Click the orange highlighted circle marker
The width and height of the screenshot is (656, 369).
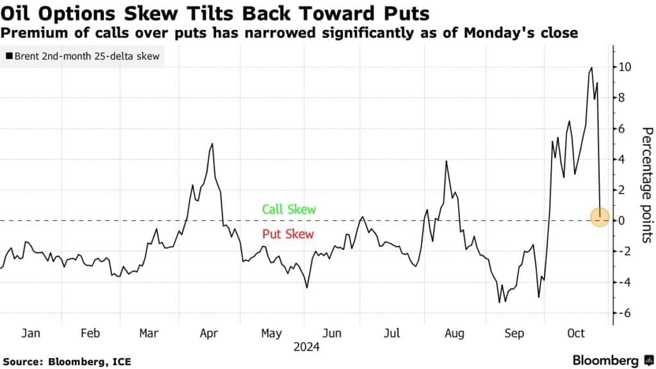coord(600,218)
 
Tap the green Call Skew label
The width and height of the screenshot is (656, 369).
coord(289,209)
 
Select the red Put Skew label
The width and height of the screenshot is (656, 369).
coord(288,234)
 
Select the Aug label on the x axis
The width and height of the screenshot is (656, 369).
coord(454,334)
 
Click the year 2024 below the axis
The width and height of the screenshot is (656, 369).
coord(307,347)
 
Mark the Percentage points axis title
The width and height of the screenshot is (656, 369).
coord(646,184)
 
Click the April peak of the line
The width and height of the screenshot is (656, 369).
coord(211,143)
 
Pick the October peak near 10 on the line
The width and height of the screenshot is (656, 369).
coord(591,67)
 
